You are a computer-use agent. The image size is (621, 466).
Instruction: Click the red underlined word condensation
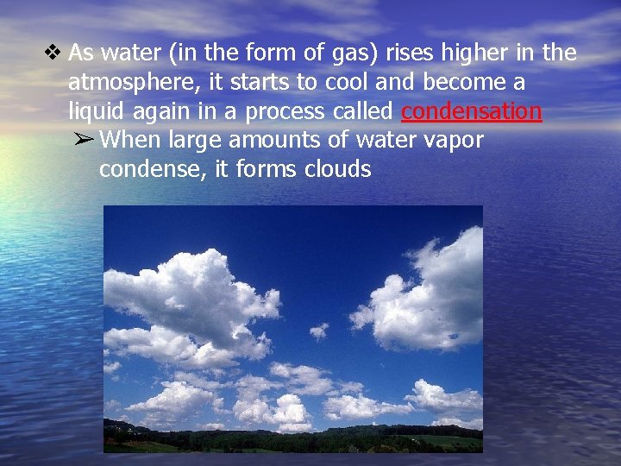point(471,111)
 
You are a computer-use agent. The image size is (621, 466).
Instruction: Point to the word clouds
point(337,169)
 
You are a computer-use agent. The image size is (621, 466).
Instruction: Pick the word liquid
point(95,112)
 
